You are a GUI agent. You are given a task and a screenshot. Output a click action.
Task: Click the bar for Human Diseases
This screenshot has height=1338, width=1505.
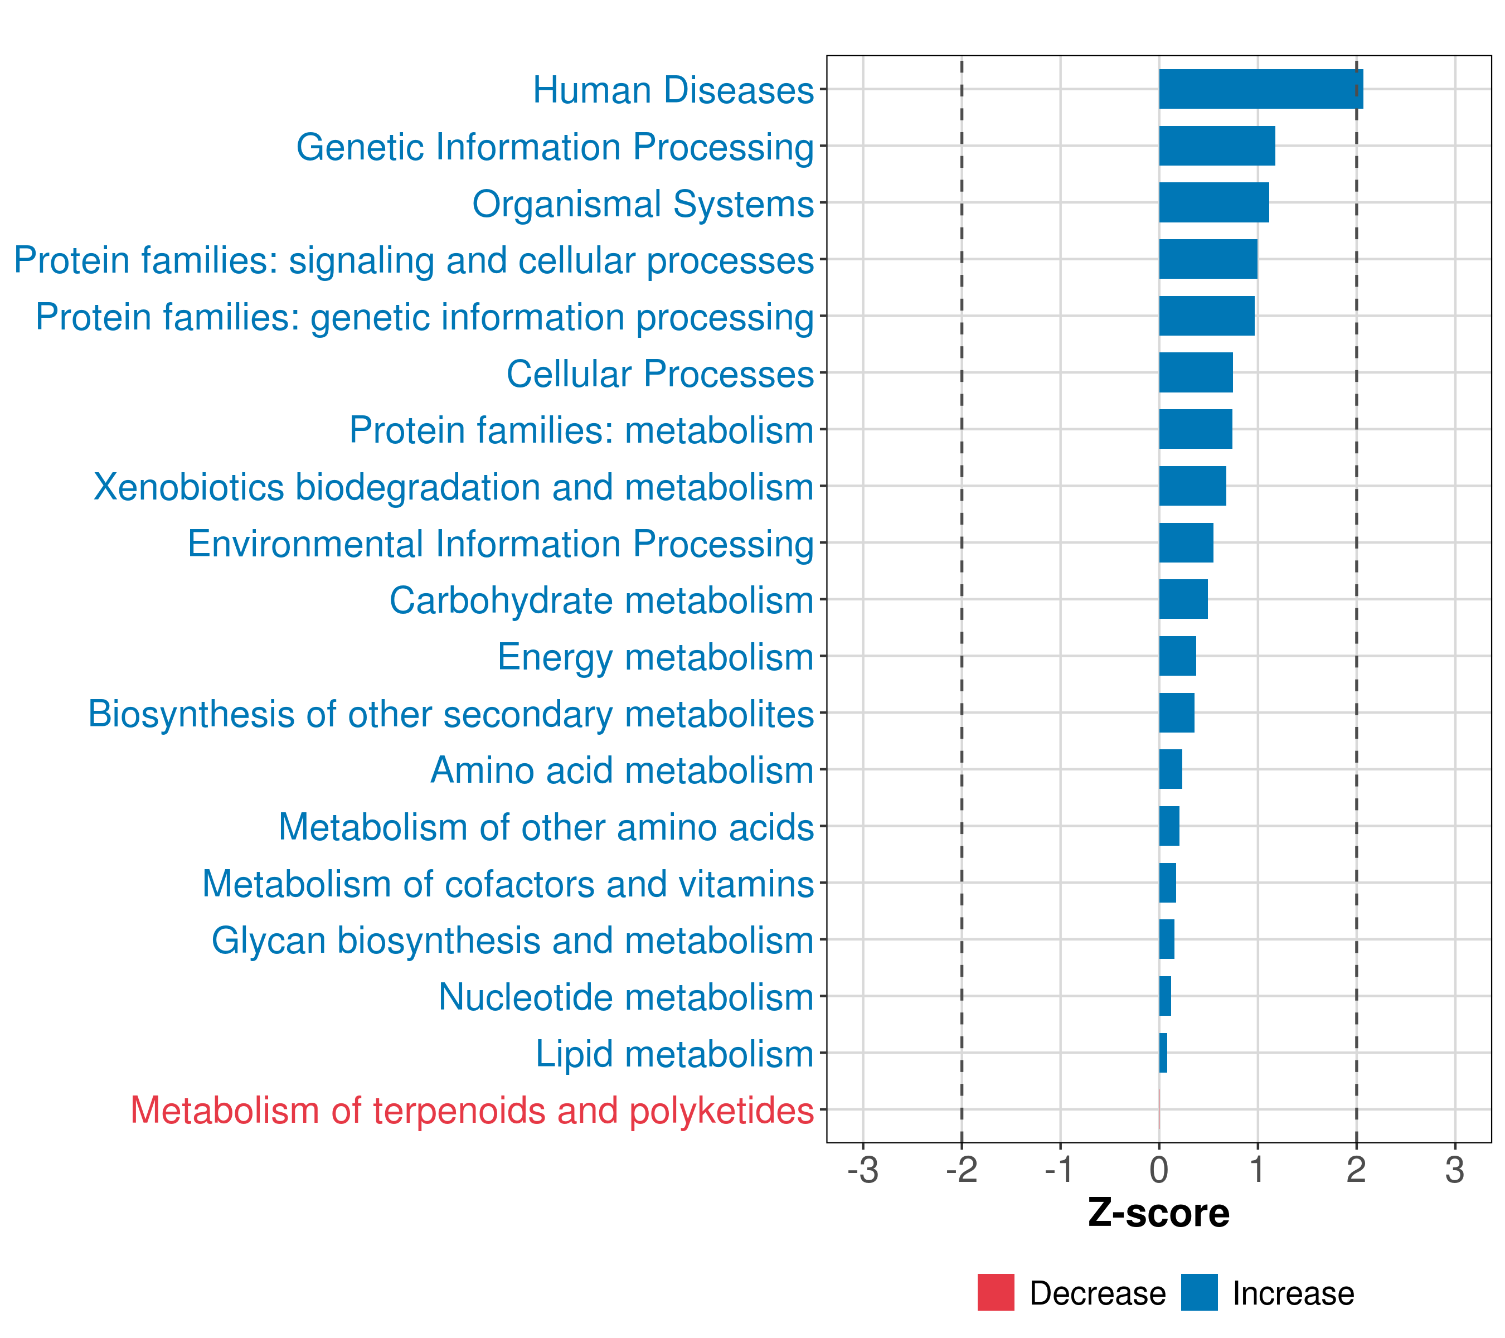point(1260,89)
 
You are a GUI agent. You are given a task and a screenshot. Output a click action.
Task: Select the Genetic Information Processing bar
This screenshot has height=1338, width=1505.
point(1216,146)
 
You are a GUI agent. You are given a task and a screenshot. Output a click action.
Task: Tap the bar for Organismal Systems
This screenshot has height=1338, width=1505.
point(1213,202)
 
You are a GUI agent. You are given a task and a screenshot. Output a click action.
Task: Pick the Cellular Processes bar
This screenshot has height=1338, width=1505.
point(1195,372)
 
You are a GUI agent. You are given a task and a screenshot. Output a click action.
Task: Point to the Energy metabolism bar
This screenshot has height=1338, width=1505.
point(1177,656)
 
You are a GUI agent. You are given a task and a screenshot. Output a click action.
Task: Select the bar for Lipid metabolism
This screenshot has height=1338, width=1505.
point(1163,1053)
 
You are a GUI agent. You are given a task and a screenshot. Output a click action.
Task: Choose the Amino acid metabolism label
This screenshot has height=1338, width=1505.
point(622,770)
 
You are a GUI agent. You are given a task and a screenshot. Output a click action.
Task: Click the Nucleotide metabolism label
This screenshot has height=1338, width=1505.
point(626,997)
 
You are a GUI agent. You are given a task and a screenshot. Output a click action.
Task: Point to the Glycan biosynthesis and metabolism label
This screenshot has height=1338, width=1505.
point(512,941)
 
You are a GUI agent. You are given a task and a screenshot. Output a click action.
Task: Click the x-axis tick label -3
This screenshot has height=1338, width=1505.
point(862,1170)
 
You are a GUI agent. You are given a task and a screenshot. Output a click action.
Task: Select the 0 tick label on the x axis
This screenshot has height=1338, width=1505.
point(1158,1170)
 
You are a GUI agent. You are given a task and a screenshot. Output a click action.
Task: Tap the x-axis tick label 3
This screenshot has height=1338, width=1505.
point(1454,1170)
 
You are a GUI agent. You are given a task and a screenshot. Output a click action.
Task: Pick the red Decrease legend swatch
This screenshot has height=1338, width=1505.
point(996,1292)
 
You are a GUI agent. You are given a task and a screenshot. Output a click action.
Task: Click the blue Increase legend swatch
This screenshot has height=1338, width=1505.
point(1198,1292)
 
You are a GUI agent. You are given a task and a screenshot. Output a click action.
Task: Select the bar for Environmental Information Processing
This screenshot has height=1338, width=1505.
point(1186,542)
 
